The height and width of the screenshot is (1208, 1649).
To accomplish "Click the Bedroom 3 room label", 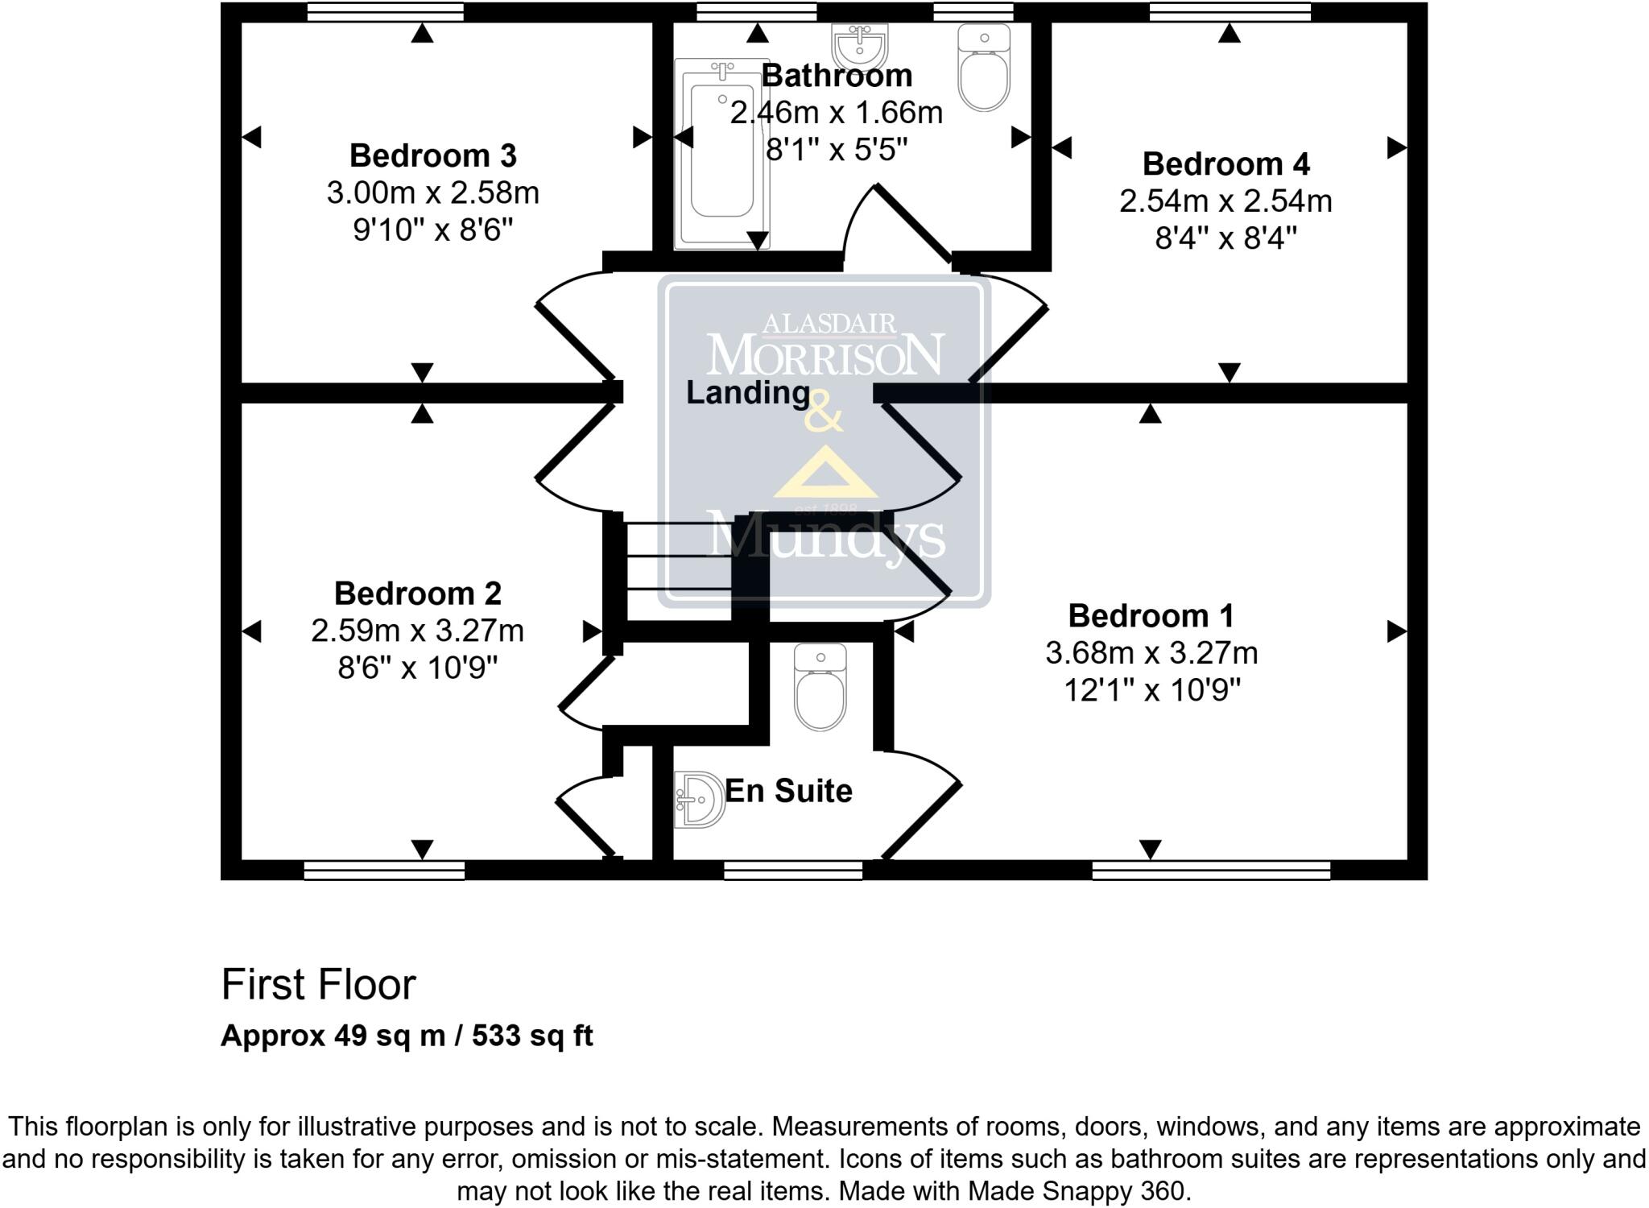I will point(432,155).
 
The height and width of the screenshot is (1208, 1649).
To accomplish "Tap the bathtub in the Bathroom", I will point(722,153).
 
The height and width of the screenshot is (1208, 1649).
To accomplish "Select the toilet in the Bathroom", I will point(984,68).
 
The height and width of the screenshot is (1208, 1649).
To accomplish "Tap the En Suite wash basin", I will point(700,800).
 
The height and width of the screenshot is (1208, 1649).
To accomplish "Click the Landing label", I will point(747,393).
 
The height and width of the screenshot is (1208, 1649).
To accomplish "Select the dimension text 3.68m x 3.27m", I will point(1151,653).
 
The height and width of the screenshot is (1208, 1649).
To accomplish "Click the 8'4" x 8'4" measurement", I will point(1225,238).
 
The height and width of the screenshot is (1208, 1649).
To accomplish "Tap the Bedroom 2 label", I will point(417,594).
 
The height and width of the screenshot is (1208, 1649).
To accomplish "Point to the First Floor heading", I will point(318,984).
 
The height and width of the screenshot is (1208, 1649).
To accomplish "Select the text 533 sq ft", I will point(532,1036).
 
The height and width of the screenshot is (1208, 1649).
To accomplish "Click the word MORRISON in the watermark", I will point(824,355).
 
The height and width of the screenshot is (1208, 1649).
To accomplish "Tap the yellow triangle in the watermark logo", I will point(825,474).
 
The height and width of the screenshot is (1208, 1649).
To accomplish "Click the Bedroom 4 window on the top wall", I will point(1230,12).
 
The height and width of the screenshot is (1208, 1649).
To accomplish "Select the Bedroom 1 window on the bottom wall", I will point(1210,870).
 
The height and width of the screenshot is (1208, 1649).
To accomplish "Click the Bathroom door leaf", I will point(914,224).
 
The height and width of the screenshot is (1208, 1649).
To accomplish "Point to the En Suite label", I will point(788,791).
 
